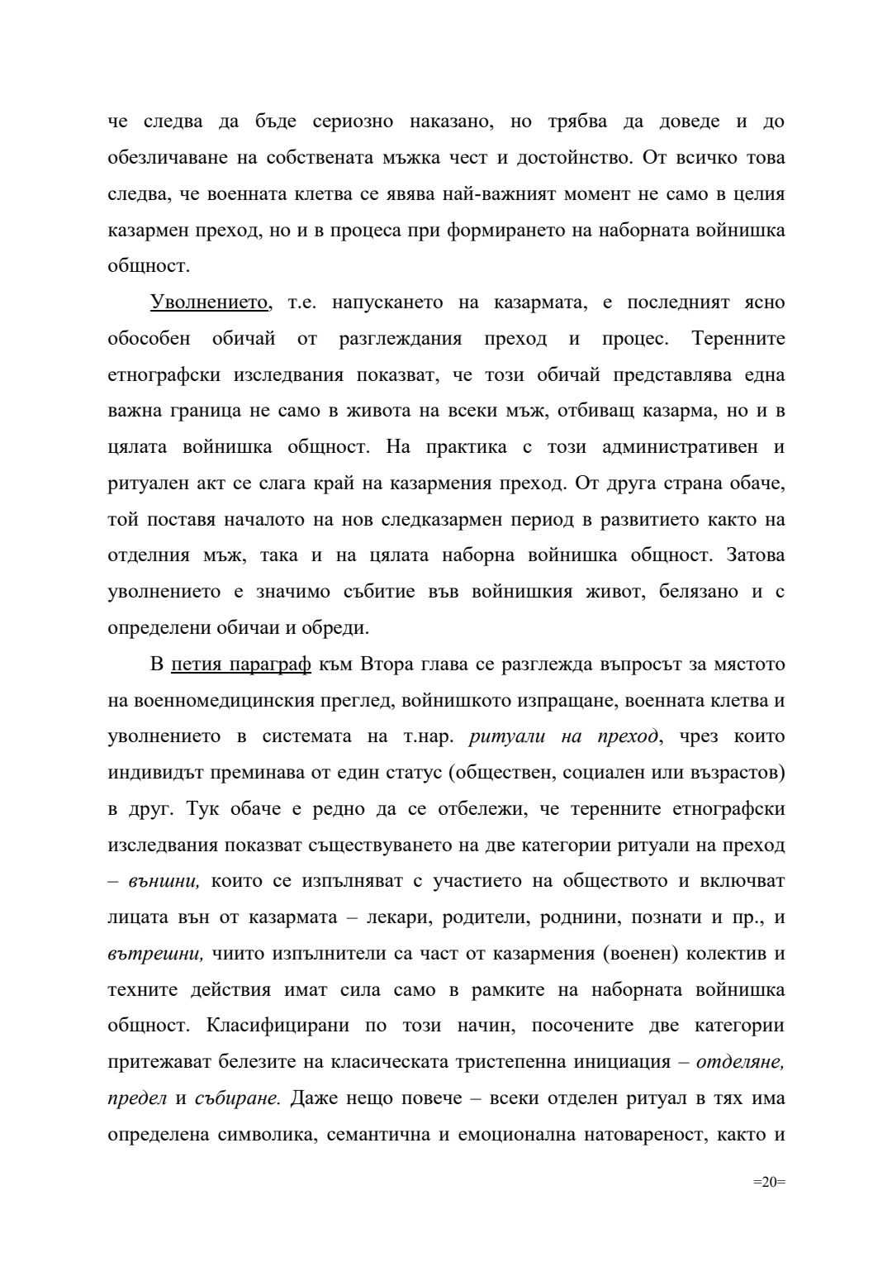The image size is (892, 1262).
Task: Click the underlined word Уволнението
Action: tap(210, 302)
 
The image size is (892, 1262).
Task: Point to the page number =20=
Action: tap(768, 1182)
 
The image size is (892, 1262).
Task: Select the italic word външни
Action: tap(164, 881)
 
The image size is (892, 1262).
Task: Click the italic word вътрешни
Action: tap(155, 954)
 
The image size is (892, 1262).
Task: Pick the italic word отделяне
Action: tap(740, 1062)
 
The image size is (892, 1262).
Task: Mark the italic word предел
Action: tap(137, 1098)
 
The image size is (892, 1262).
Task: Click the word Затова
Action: tap(756, 555)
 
